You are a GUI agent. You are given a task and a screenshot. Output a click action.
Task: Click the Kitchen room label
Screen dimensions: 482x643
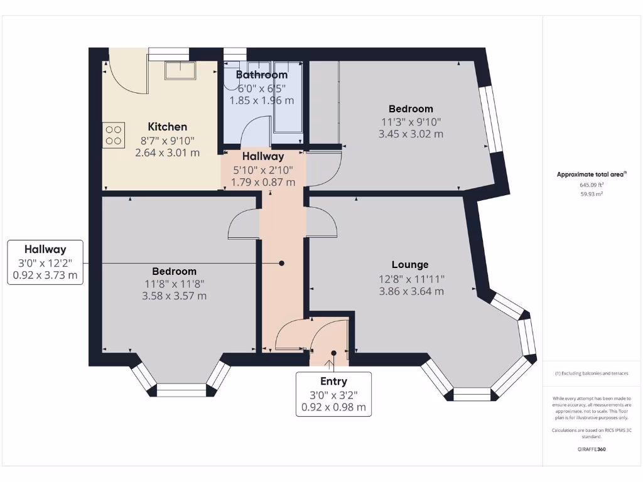(167, 127)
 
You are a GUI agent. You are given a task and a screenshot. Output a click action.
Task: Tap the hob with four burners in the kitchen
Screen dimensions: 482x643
(114, 135)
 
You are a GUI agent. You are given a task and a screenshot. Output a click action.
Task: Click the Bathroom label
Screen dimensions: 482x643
(261, 75)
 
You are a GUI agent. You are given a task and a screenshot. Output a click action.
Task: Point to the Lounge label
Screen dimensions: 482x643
(410, 265)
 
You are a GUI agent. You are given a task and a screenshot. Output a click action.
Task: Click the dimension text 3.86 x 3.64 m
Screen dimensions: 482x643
(411, 291)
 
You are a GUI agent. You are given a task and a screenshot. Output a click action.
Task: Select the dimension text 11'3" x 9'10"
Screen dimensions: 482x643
(411, 122)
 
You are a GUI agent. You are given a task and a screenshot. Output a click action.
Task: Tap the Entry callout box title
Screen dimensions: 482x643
(333, 381)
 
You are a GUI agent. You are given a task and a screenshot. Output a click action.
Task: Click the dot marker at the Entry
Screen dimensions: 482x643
(333, 353)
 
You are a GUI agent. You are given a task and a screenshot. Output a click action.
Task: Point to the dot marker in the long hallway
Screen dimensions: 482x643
(281, 264)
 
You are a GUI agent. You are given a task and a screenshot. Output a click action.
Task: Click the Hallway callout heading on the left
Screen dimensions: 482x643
(45, 249)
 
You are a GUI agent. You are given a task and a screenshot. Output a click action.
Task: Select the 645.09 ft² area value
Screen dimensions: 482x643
(592, 185)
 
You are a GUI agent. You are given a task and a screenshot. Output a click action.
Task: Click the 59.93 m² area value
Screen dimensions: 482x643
(592, 195)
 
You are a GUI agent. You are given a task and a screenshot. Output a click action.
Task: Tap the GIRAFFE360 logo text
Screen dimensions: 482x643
(592, 449)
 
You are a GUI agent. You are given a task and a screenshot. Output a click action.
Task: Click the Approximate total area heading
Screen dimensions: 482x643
(592, 174)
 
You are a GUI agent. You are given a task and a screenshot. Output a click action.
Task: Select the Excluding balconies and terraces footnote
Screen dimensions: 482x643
(592, 373)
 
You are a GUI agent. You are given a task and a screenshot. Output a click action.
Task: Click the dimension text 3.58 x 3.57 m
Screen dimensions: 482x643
(175, 296)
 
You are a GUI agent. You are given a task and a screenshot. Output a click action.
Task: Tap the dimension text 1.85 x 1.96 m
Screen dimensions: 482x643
(261, 100)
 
